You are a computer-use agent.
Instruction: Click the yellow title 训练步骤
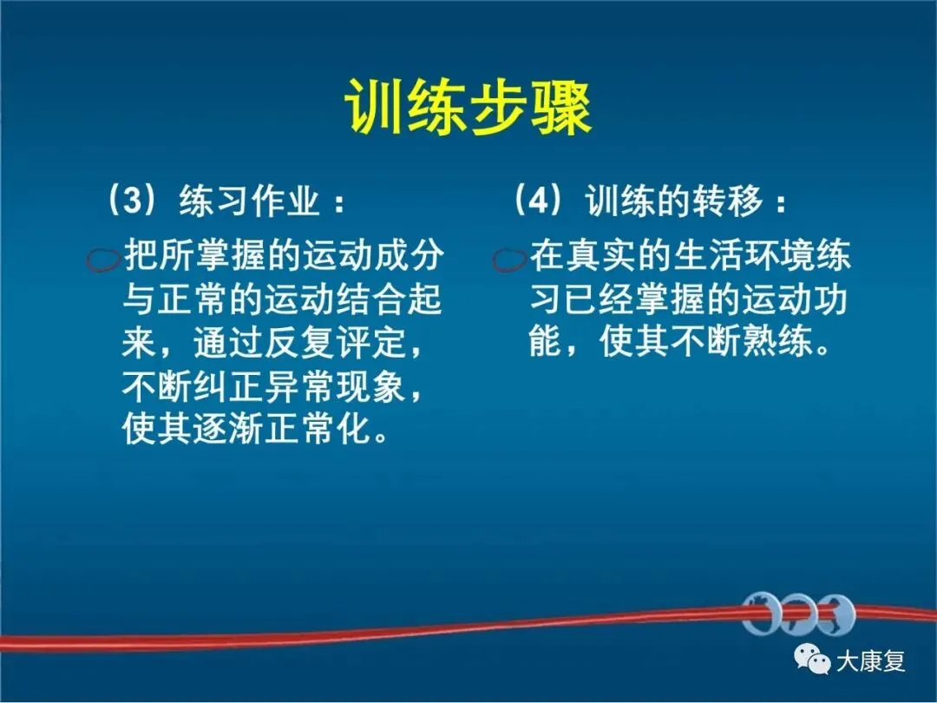coord(468,108)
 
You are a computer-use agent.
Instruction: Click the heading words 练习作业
coord(249,200)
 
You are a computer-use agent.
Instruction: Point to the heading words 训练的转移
coord(674,200)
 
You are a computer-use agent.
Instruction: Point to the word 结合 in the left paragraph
coord(373,299)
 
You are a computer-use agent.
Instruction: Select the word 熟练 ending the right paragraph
coord(779,342)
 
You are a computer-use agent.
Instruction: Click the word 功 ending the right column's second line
coord(832,299)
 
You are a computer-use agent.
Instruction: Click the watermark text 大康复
coord(871,660)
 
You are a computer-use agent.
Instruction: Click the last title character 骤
coord(561,108)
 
